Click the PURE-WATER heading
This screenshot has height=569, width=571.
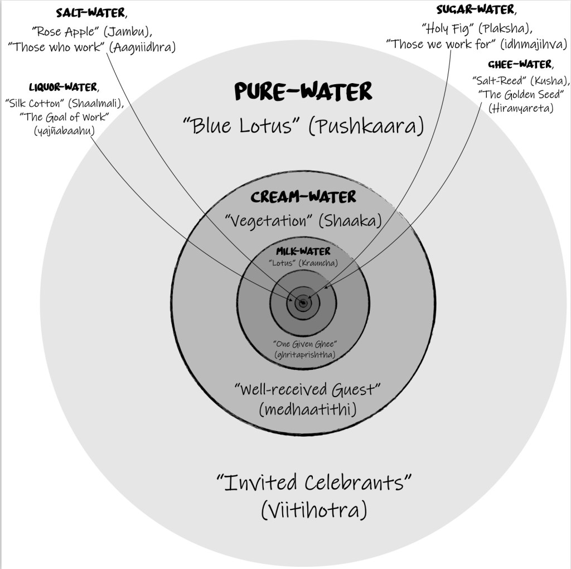[x=303, y=91]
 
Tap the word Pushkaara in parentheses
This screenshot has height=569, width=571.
[x=366, y=126]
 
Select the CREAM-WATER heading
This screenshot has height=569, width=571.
[x=303, y=197]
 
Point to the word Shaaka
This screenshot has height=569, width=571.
[x=350, y=221]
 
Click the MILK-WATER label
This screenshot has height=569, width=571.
[x=303, y=252]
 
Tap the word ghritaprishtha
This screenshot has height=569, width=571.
[x=304, y=354]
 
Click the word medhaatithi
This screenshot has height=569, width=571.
[x=308, y=409]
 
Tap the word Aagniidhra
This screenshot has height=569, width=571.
[x=143, y=47]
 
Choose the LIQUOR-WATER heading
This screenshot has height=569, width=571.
[x=63, y=88]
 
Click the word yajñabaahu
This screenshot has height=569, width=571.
[x=64, y=131]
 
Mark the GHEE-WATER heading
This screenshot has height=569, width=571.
[x=520, y=64]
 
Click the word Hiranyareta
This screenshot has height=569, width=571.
[x=521, y=108]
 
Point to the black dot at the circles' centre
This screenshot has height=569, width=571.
[x=303, y=303]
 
